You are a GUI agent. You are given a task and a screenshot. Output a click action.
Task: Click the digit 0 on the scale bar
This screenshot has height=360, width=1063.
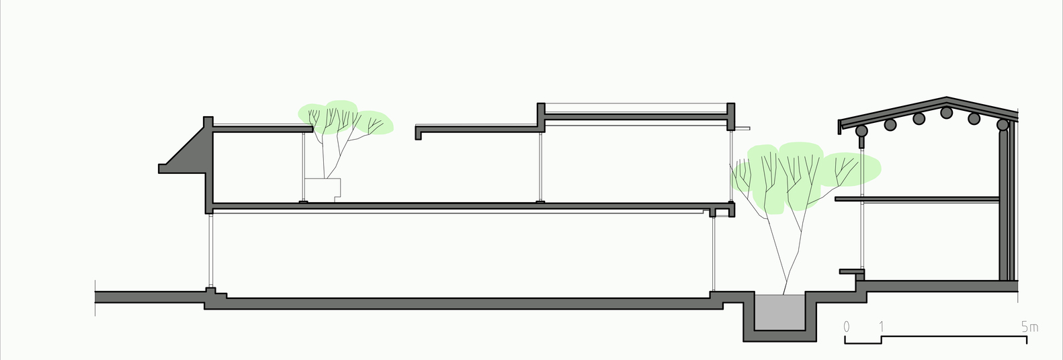(847, 327)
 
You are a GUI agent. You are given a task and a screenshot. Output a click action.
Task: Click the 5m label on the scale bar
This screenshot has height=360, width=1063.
(1030, 327)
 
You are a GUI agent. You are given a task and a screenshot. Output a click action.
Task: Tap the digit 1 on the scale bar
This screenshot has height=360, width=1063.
(882, 327)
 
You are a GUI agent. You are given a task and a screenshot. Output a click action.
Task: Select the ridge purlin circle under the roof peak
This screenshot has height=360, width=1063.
(947, 112)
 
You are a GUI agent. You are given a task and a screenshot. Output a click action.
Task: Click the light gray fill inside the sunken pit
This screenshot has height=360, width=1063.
(779, 312)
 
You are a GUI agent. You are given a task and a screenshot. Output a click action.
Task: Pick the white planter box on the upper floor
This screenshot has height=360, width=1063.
(323, 189)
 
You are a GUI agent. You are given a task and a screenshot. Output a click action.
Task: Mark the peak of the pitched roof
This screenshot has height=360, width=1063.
(947, 97)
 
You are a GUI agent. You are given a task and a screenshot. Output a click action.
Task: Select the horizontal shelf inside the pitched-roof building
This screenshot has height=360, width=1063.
(917, 199)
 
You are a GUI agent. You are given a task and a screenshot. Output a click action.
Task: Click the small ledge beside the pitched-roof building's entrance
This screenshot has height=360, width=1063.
(851, 272)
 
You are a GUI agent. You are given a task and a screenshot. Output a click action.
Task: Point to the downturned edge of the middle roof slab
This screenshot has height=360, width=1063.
(418, 133)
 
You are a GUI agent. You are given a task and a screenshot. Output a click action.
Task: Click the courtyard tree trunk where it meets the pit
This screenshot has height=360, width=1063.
(783, 295)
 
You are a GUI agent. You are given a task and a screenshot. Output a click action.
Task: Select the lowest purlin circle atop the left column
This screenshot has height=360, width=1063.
(861, 131)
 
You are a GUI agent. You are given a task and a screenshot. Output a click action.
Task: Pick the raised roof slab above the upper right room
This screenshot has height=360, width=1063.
(636, 117)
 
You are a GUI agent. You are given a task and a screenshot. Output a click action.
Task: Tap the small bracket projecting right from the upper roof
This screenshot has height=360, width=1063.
(742, 128)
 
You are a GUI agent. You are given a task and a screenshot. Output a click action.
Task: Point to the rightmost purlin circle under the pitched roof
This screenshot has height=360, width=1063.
(1003, 125)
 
